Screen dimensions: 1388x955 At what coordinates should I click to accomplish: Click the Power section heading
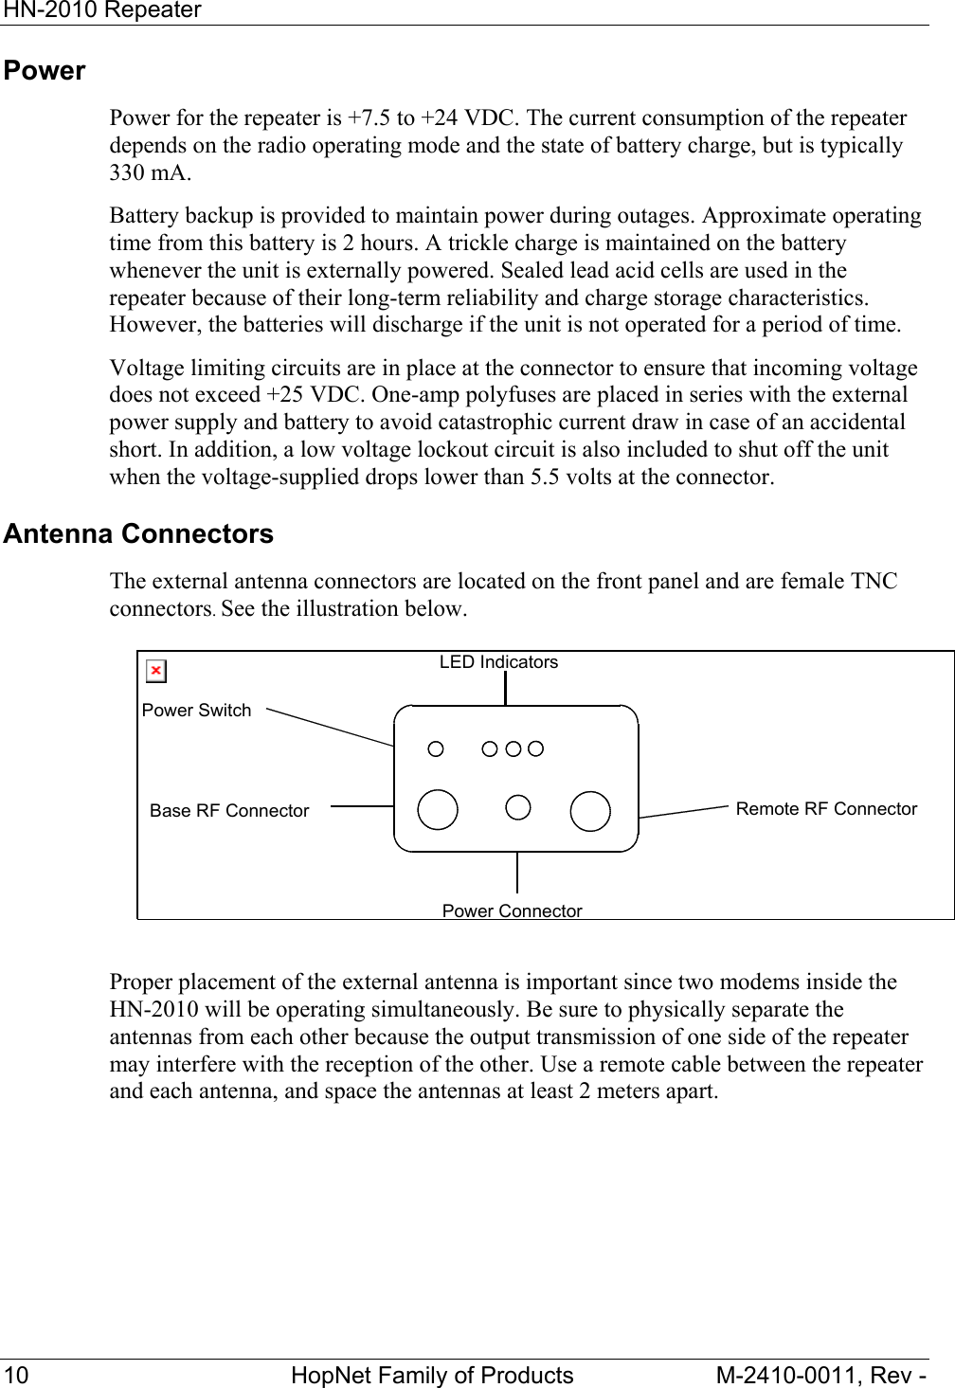click(45, 71)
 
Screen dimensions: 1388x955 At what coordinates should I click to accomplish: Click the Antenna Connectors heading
click(138, 534)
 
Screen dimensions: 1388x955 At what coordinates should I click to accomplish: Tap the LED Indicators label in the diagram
click(498, 662)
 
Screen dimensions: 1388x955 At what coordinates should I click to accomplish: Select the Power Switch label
click(197, 711)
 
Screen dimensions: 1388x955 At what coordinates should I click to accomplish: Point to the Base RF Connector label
click(229, 811)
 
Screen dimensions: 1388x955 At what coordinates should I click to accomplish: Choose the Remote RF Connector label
click(826, 809)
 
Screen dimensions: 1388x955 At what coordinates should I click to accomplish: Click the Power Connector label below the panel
click(512, 910)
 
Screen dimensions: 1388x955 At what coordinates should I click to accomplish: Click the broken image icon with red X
click(156, 672)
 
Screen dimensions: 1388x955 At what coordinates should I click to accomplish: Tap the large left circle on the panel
click(438, 809)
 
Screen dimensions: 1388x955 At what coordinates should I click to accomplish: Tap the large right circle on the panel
click(590, 811)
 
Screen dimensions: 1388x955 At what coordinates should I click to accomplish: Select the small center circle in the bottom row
click(517, 807)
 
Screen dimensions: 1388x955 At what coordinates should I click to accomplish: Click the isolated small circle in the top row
click(436, 748)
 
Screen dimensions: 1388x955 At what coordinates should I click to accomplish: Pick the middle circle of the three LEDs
click(513, 748)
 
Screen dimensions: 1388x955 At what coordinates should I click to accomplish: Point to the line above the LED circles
click(505, 688)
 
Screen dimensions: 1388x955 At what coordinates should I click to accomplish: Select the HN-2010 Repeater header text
click(101, 10)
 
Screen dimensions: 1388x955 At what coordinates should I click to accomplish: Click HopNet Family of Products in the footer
click(432, 1375)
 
